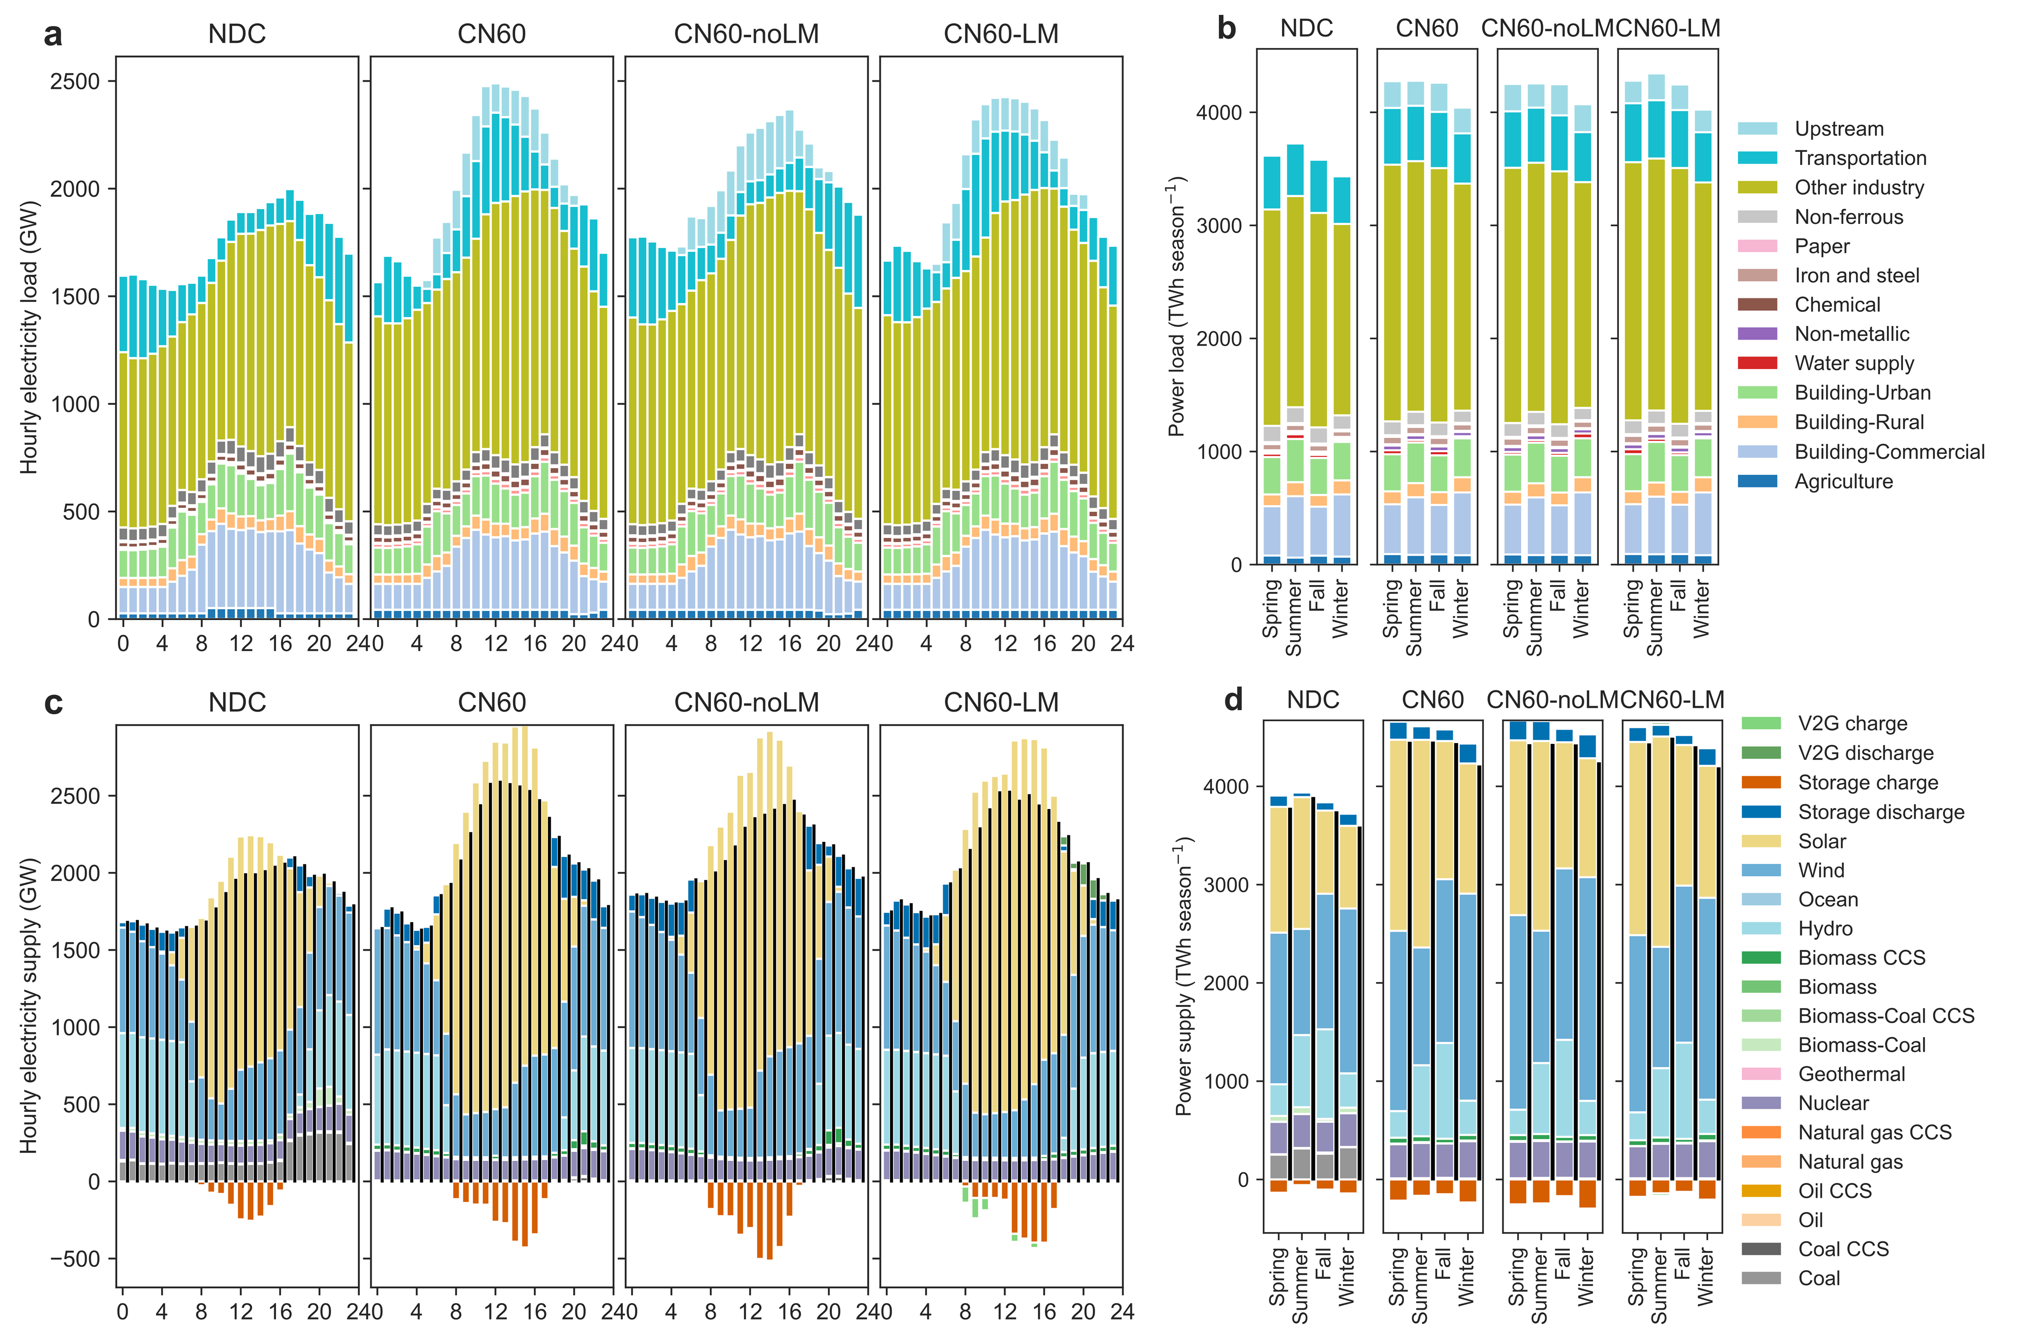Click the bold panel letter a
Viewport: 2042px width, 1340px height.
click(x=53, y=35)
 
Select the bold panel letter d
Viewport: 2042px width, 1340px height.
click(x=1233, y=700)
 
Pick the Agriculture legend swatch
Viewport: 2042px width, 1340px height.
click(x=1757, y=481)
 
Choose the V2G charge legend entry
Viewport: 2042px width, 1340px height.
click(x=1852, y=723)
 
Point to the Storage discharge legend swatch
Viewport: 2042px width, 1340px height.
click(x=1760, y=812)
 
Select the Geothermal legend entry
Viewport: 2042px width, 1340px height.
click(x=1851, y=1074)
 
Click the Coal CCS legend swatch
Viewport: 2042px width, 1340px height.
click(x=1760, y=1249)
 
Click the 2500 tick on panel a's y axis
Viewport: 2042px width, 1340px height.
click(x=76, y=81)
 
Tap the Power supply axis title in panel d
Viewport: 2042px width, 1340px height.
click(x=1184, y=975)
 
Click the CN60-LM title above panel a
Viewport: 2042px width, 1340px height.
click(x=1000, y=34)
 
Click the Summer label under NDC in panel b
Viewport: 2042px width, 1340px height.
click(x=1294, y=618)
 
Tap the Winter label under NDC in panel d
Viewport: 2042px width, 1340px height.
click(x=1346, y=1278)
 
